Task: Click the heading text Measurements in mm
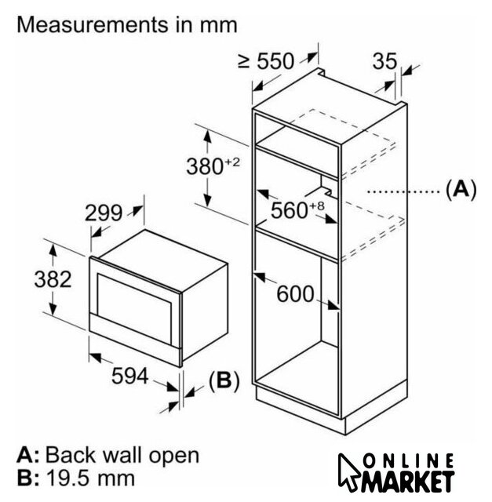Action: (127, 24)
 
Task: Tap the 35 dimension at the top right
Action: (385, 60)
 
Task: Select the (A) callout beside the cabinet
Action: (461, 189)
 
